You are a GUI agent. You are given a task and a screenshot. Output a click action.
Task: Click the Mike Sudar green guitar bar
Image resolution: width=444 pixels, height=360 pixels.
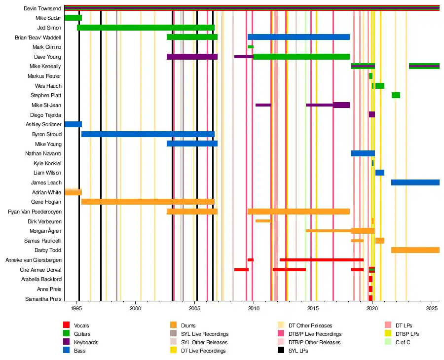(73, 18)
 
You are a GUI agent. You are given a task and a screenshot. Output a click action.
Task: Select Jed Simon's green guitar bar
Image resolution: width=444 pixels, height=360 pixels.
(146, 28)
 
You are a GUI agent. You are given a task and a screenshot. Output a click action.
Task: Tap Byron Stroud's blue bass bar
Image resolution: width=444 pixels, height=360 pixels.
(148, 134)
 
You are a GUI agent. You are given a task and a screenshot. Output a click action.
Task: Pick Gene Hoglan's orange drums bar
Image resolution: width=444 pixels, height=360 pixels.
(148, 202)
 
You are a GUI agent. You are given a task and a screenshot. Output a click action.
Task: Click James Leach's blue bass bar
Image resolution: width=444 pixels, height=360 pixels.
(415, 182)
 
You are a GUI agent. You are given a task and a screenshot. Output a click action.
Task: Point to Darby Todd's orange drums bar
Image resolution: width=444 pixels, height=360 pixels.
(415, 250)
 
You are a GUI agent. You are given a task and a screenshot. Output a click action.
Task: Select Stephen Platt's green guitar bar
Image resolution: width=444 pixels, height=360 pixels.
(396, 95)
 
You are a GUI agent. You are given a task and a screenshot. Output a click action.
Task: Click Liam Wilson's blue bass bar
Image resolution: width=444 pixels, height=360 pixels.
(379, 173)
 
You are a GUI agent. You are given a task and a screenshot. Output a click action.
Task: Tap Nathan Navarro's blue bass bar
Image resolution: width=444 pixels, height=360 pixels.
(363, 153)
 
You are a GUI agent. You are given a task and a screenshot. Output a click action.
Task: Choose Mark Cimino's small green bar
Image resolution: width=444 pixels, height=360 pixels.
(250, 47)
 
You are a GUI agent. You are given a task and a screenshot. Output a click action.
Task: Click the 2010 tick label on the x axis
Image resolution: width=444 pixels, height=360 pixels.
(254, 308)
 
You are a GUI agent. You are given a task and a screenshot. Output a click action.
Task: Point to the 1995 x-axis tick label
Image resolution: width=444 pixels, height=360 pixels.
(76, 308)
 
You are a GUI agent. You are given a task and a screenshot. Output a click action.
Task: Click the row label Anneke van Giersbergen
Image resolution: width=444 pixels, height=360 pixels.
(33, 260)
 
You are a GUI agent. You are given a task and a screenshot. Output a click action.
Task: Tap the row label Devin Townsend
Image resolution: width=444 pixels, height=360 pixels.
(42, 9)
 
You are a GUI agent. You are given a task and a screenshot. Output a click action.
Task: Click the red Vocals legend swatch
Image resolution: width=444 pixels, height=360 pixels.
(67, 325)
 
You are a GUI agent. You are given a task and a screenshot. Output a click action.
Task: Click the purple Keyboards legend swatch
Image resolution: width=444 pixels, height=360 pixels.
(67, 342)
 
